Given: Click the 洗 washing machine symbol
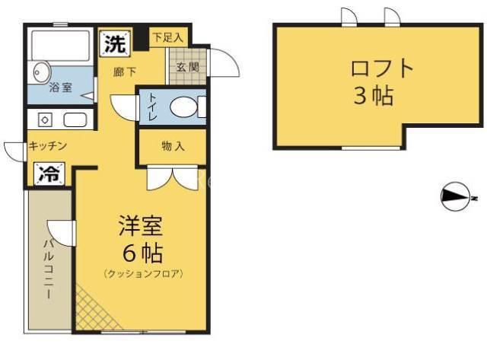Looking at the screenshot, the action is [x=115, y=43].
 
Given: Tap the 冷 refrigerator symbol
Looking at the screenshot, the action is [x=49, y=174].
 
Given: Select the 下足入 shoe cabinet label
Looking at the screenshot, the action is [x=168, y=37].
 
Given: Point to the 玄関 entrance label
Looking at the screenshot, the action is [x=188, y=67].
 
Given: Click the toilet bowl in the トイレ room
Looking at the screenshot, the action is [x=183, y=107].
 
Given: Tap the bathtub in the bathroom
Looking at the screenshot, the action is [x=61, y=46].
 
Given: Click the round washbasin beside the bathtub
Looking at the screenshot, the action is [x=41, y=72].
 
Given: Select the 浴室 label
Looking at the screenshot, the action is [x=61, y=88].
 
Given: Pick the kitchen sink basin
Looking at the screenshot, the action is [x=75, y=120].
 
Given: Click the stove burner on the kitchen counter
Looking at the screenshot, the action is [x=45, y=120].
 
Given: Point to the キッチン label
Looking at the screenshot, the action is [x=48, y=145].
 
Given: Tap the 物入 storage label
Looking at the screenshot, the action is [x=173, y=146].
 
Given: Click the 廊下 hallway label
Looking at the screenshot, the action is [x=125, y=72].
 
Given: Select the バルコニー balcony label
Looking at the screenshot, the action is [x=49, y=269].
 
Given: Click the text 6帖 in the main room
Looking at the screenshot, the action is [x=142, y=253].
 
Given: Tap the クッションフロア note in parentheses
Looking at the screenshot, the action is [x=143, y=274].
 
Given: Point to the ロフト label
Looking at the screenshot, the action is [x=382, y=68].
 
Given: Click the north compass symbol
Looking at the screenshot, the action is [x=455, y=196].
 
